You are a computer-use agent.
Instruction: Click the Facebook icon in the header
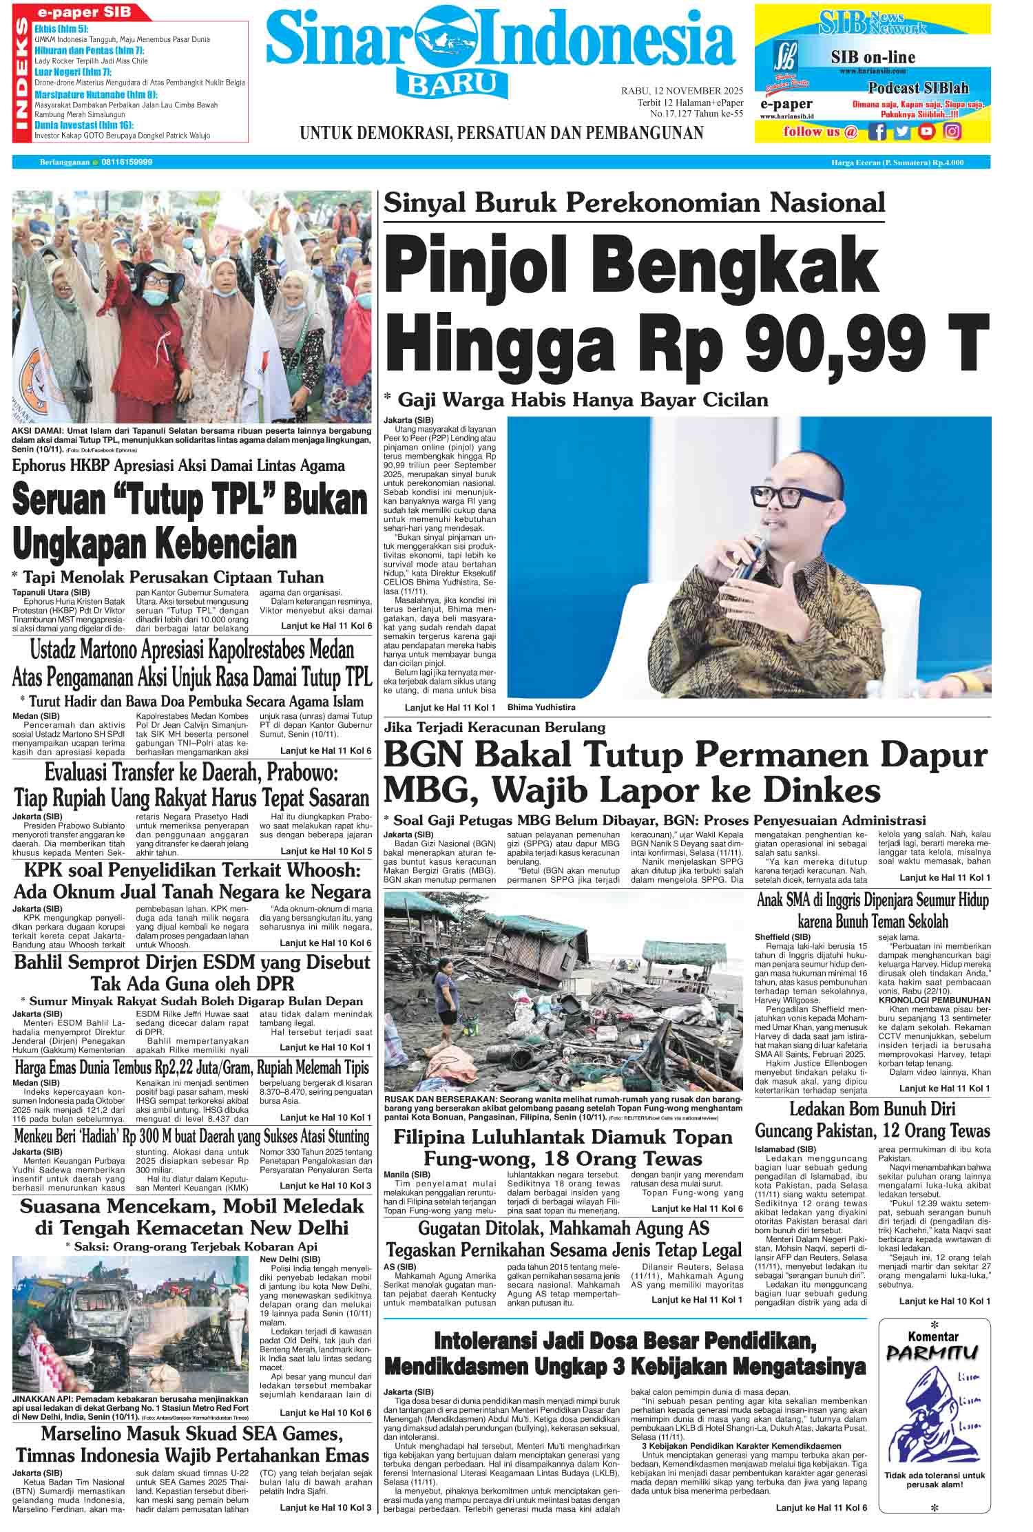click(x=877, y=132)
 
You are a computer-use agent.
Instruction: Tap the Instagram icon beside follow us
click(x=952, y=132)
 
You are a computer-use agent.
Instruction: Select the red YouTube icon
click(x=928, y=132)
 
